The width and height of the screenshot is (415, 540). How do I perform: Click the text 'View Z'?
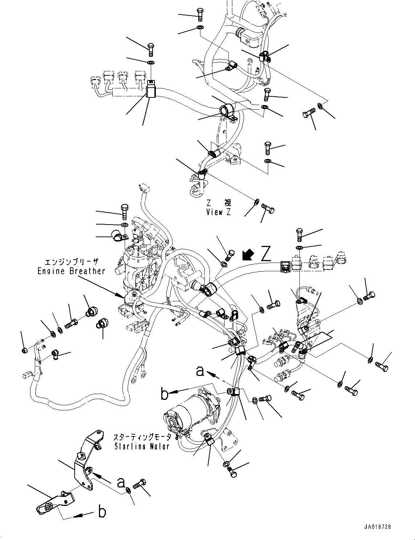pos(218,213)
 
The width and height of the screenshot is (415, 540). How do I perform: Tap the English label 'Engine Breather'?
pos(71,271)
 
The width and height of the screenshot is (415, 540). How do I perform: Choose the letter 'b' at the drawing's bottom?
pos(102,512)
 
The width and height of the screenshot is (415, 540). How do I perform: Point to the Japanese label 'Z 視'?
pos(218,203)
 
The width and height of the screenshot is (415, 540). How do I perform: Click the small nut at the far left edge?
pos(24,350)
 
